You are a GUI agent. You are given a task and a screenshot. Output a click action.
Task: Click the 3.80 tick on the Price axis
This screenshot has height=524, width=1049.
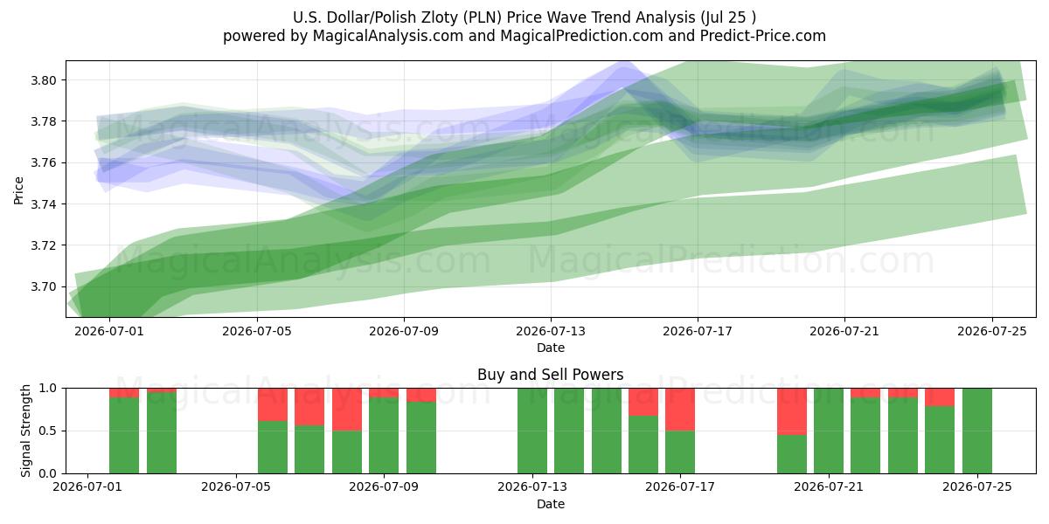[x=43, y=80]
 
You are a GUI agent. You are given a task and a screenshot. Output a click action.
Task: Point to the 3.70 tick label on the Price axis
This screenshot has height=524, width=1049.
[x=43, y=286]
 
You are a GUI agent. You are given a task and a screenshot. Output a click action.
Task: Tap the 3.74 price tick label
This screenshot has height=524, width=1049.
[x=43, y=204]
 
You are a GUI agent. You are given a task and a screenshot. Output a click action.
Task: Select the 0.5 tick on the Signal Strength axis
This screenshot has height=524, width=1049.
[x=47, y=431]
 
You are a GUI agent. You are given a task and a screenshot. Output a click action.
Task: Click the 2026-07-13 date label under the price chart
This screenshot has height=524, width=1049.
[x=551, y=331]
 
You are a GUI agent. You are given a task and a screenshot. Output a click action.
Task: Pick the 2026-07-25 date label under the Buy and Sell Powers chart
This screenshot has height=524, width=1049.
[x=977, y=487]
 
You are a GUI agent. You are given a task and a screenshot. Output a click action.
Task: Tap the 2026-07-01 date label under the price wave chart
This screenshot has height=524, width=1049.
[x=109, y=331]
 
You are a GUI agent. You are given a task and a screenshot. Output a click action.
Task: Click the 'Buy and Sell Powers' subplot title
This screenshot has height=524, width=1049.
[x=550, y=375]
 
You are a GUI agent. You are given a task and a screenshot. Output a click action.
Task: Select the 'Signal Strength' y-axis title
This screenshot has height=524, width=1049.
[x=25, y=431]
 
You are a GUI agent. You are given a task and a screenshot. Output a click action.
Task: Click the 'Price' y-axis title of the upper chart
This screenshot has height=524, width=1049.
[x=18, y=190]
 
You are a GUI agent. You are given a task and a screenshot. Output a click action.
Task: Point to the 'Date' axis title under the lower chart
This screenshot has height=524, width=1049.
[x=551, y=505]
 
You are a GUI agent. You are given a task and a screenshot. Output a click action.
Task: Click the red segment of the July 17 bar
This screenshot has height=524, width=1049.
[x=680, y=410]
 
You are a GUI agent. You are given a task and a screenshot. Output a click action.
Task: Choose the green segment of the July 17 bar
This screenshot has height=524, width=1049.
[x=680, y=452]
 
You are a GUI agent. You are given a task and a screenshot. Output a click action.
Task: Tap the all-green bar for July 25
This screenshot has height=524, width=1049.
[x=977, y=431]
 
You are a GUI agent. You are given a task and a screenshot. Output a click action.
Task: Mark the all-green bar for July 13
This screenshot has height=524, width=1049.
[x=532, y=431]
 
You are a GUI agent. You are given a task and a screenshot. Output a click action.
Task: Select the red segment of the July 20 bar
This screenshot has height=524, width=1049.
[x=792, y=411]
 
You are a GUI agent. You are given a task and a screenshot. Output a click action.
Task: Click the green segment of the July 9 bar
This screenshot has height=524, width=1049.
[x=384, y=436]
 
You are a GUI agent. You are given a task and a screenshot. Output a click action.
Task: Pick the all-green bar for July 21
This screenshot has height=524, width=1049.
[x=829, y=431]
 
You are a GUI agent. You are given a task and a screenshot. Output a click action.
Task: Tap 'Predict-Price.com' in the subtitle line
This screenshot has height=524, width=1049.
[x=763, y=36]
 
